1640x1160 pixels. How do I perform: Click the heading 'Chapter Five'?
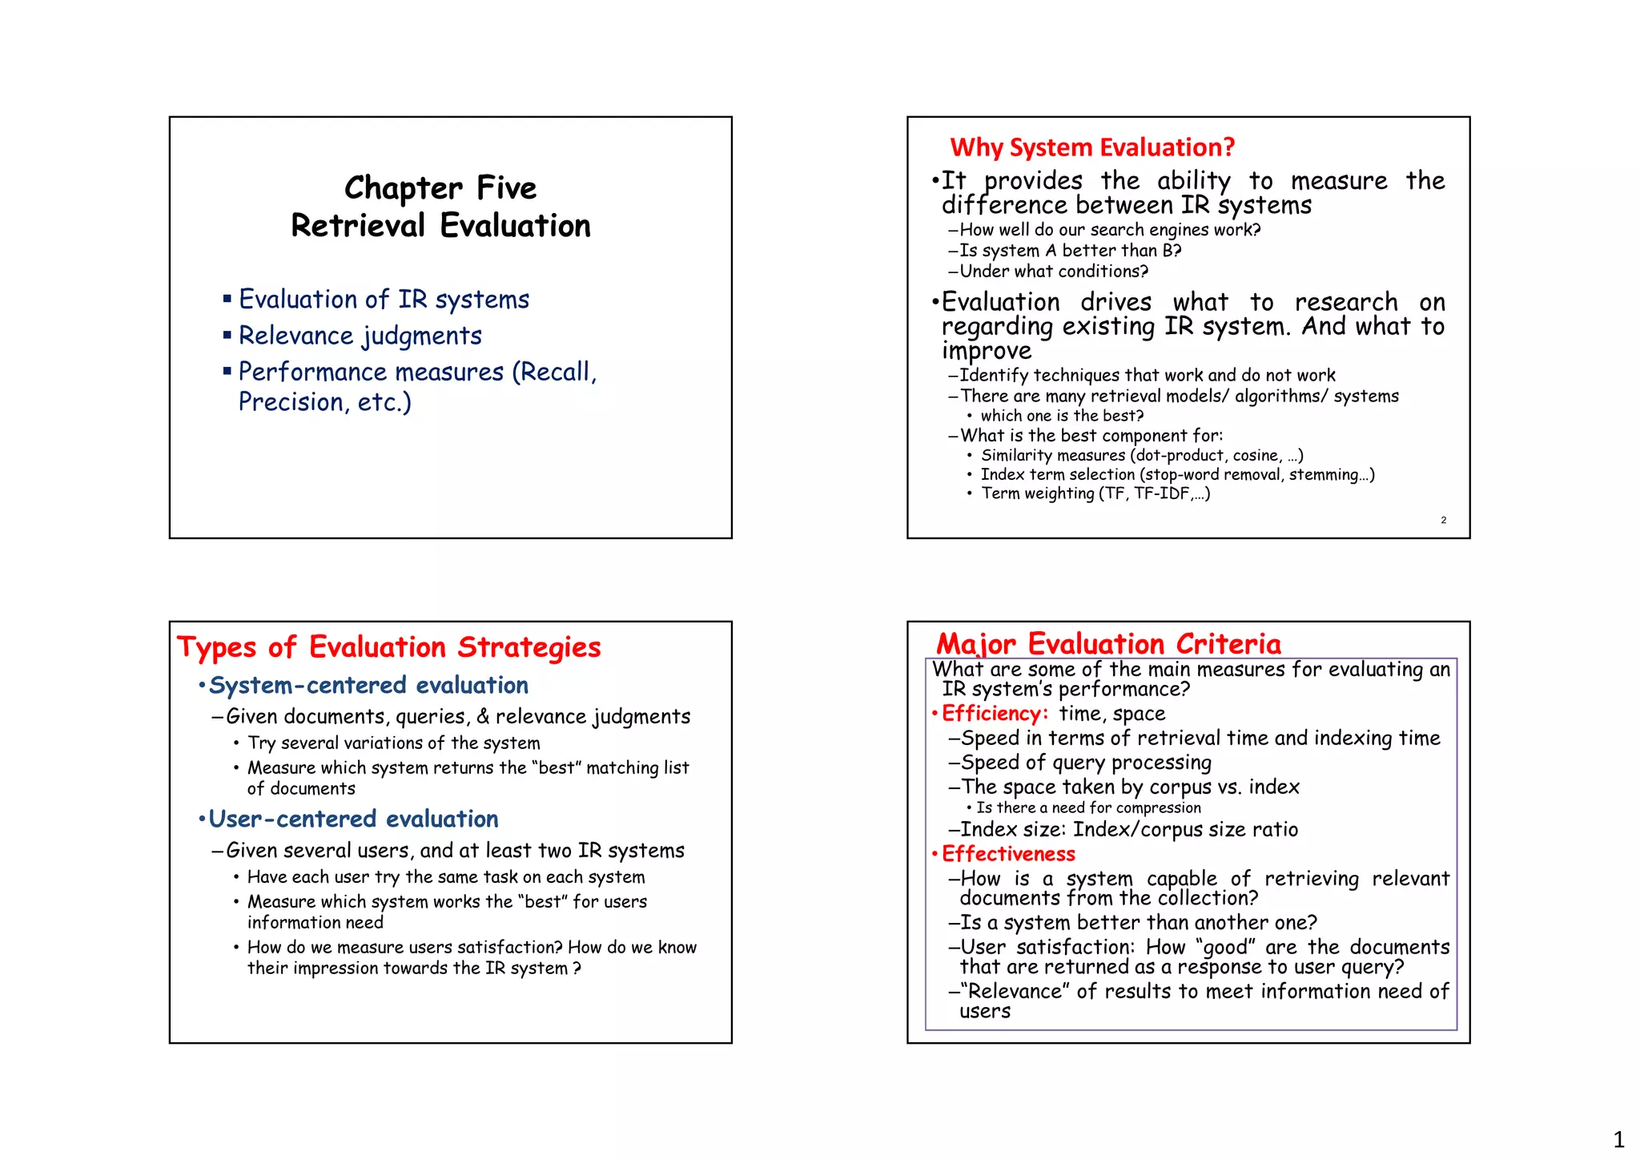tap(440, 188)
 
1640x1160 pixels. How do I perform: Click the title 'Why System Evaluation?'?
tap(1092, 147)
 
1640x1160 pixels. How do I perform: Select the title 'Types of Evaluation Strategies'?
tap(388, 647)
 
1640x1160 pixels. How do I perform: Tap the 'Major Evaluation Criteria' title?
tap(1108, 643)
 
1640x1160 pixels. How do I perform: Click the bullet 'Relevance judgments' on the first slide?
tap(360, 336)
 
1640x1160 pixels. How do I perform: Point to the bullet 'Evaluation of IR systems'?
tap(384, 300)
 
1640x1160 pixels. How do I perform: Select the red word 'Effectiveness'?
tap(1008, 854)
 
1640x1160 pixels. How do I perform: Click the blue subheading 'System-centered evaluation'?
tap(368, 686)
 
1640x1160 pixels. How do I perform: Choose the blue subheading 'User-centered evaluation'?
tap(353, 820)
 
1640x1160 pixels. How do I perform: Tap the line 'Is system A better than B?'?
tap(1070, 251)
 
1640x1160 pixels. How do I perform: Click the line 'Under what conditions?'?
tap(1054, 272)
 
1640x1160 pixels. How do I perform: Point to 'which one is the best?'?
tap(1062, 416)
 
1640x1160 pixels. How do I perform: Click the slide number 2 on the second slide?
tap(1443, 521)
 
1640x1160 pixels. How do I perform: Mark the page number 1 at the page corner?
tap(1618, 1139)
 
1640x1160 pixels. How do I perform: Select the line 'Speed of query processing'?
tap(1086, 763)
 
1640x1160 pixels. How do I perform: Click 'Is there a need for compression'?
tap(1088, 808)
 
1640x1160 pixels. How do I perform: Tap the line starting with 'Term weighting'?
tap(1095, 493)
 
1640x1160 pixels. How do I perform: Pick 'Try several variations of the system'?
tap(393, 743)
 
